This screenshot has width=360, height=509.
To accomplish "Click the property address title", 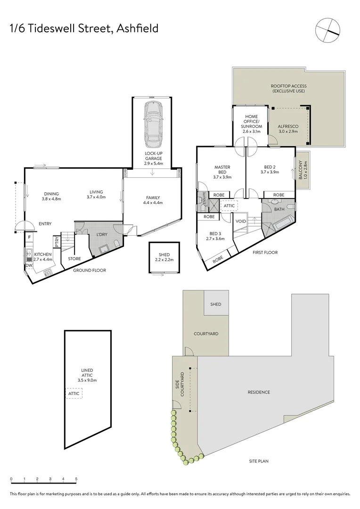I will tap(84, 29).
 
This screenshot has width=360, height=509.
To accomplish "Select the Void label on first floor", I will tap(240, 221).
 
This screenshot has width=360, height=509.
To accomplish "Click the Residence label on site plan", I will tap(259, 392).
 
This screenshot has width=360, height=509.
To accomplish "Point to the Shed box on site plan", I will tap(216, 305).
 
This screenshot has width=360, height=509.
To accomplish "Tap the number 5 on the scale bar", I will tap(76, 479).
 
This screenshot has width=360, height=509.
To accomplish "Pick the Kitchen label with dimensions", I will tap(43, 257).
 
